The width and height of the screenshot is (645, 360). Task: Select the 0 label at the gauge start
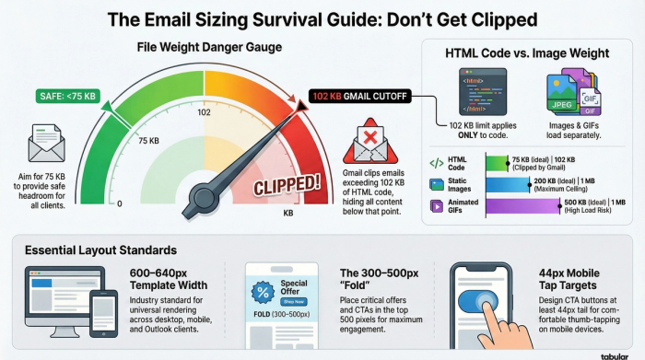tap(120, 203)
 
